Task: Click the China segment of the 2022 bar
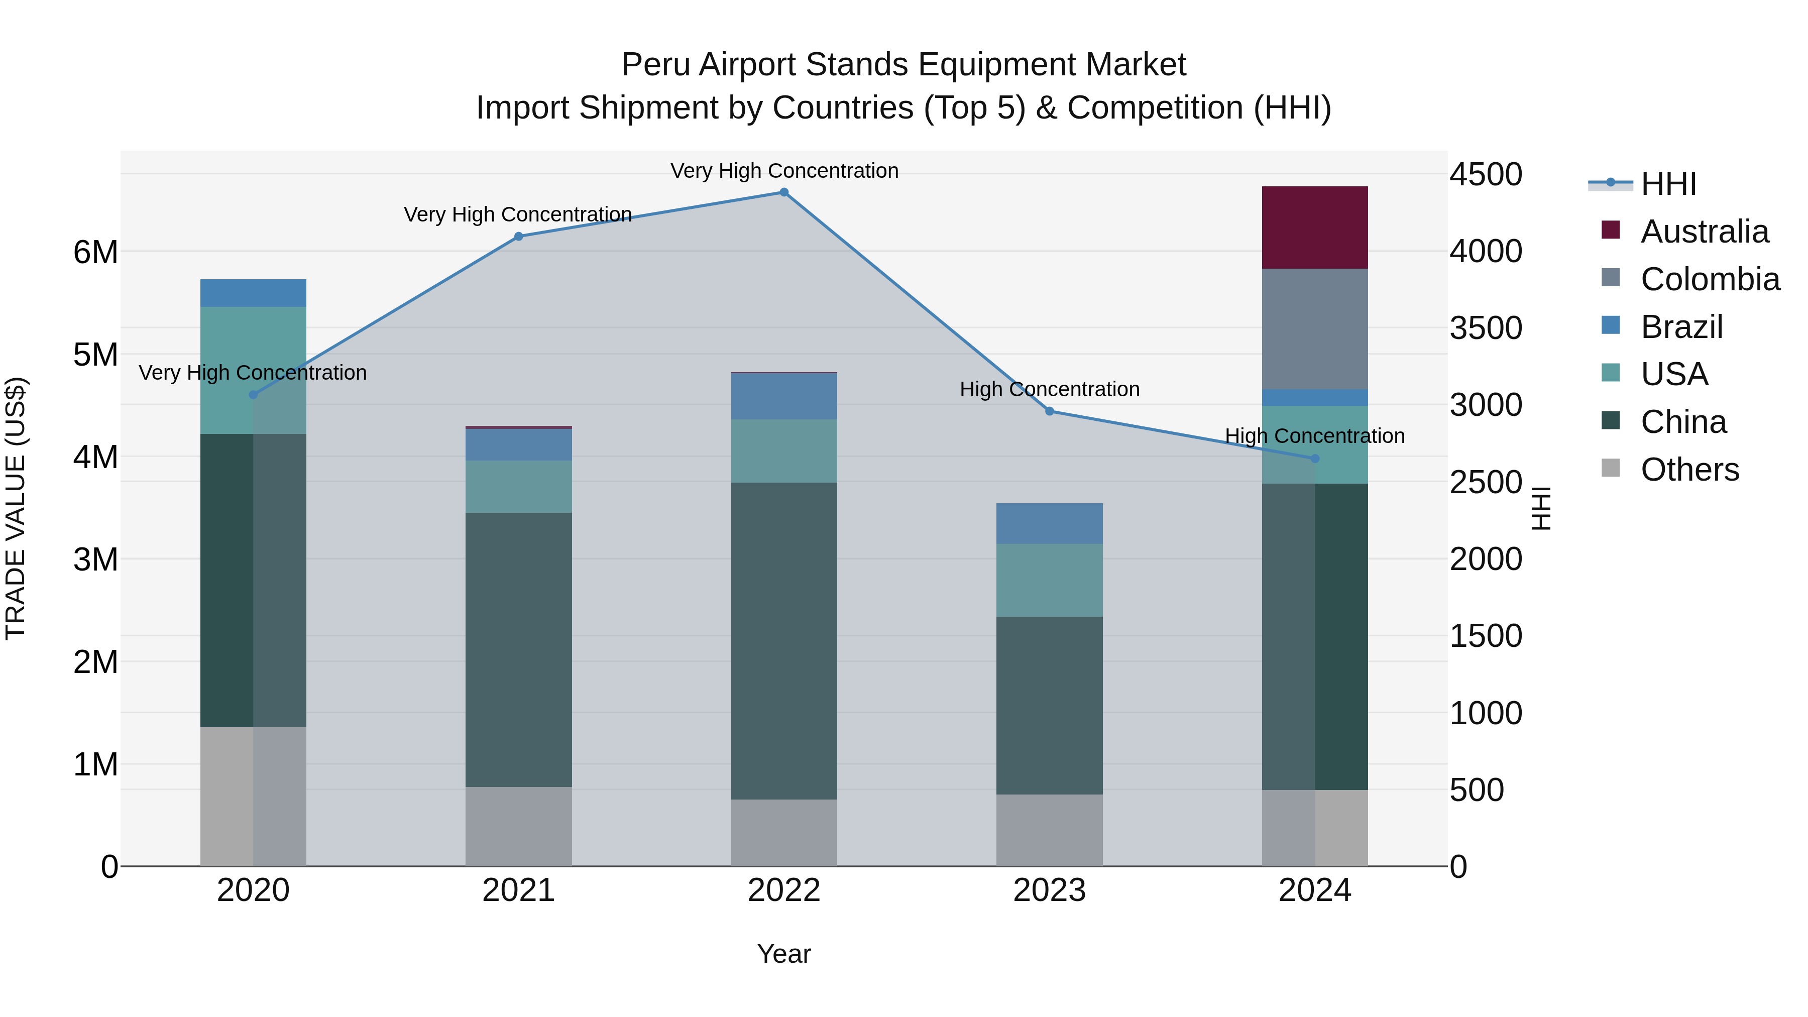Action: [784, 640]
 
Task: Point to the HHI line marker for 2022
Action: [784, 192]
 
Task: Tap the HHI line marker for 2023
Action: [1049, 411]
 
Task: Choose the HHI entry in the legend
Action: [1667, 184]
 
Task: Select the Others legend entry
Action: [1688, 470]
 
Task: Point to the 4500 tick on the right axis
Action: [1485, 175]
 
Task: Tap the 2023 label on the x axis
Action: [1049, 890]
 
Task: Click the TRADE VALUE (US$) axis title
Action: [16, 508]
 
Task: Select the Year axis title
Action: [783, 954]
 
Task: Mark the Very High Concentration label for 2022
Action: [784, 171]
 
